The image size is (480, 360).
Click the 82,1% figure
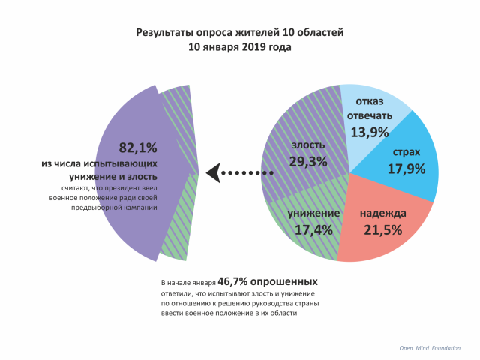click(x=138, y=147)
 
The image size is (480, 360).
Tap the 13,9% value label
click(x=369, y=133)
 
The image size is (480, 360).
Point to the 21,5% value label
click(x=382, y=230)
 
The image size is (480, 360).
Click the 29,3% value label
click(x=307, y=161)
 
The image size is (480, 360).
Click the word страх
click(x=406, y=152)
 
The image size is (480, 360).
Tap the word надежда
click(x=382, y=214)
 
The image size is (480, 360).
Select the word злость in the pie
click(x=307, y=145)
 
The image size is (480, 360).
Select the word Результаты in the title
click(x=166, y=32)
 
